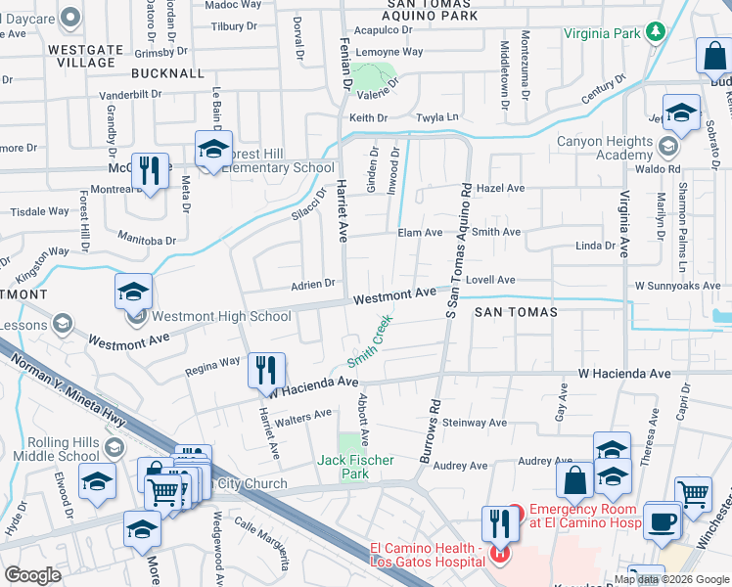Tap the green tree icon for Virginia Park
click(x=656, y=31)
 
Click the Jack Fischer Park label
click(x=355, y=467)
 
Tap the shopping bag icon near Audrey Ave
click(x=574, y=480)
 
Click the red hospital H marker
click(x=500, y=556)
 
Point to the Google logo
click(x=32, y=574)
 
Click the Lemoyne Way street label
click(x=389, y=51)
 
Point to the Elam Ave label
click(x=420, y=233)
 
